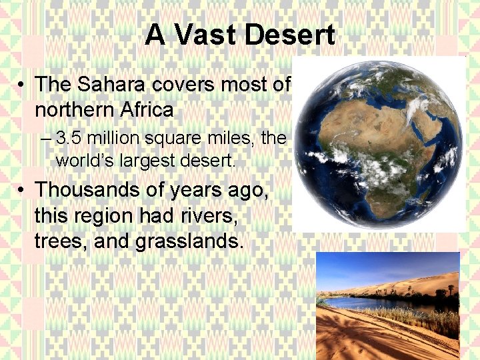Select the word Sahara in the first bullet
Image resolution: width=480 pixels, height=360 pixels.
(x=103, y=85)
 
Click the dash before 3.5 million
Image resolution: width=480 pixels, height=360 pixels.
(x=45, y=139)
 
